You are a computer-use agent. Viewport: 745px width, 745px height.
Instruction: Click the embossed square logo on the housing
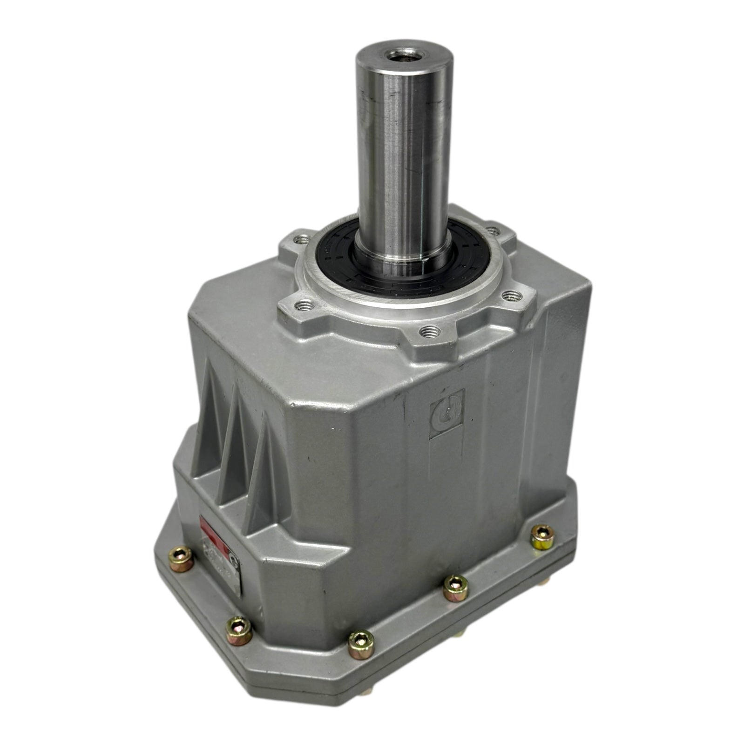tap(447, 413)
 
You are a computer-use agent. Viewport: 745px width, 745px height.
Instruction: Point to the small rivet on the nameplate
tap(234, 562)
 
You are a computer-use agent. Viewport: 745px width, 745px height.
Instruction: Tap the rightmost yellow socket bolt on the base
tap(542, 537)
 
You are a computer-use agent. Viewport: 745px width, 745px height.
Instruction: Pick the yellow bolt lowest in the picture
tap(361, 644)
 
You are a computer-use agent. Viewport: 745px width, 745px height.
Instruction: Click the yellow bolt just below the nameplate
tap(238, 630)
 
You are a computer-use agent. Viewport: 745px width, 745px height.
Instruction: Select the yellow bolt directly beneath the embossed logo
tap(455, 588)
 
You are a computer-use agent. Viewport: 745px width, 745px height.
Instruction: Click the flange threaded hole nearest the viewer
tap(429, 332)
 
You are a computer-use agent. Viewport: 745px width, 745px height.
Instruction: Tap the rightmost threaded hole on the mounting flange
tap(511, 295)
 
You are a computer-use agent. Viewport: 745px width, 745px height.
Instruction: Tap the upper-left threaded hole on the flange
tap(302, 240)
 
